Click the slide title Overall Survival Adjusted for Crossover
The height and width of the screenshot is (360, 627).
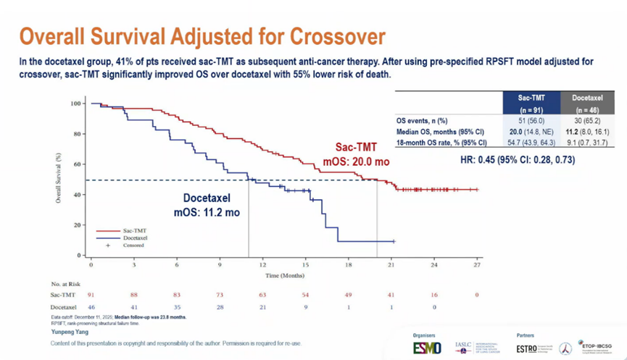point(202,36)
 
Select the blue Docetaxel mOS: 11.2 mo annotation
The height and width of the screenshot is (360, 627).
point(207,206)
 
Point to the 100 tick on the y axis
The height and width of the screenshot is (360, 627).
point(75,104)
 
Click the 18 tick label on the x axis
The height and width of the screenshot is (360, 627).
point(349,264)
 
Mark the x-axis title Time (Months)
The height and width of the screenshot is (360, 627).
point(284,276)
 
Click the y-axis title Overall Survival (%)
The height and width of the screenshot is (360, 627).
point(59,177)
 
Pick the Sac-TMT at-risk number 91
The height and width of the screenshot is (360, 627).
point(91,295)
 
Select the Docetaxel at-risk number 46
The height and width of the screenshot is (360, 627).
point(91,308)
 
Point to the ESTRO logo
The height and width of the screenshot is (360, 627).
point(527,348)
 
